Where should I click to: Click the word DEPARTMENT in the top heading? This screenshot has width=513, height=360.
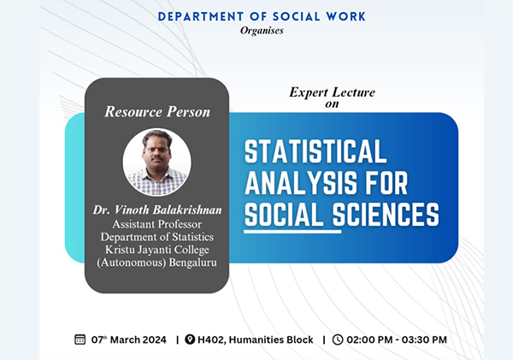[200, 17]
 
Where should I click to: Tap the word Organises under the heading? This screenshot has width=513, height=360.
[262, 31]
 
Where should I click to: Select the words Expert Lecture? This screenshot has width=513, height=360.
[332, 92]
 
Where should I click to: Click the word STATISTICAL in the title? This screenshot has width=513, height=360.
[315, 151]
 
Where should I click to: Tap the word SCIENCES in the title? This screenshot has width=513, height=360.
[386, 214]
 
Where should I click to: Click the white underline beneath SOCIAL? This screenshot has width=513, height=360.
[292, 232]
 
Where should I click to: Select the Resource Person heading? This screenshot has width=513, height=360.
[157, 112]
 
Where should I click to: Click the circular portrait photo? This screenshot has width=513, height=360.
[157, 162]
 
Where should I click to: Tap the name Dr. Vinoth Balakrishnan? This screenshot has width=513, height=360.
[157, 210]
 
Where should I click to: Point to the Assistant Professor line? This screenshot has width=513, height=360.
[157, 224]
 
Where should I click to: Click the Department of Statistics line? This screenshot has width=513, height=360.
[157, 237]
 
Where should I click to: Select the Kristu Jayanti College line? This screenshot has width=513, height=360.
[157, 250]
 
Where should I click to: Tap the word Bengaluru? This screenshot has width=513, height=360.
[193, 263]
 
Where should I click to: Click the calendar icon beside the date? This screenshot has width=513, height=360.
[80, 339]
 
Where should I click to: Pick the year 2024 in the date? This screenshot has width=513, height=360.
[154, 340]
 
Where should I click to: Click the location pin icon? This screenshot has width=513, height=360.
[190, 339]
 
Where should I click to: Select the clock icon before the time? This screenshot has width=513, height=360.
[338, 339]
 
